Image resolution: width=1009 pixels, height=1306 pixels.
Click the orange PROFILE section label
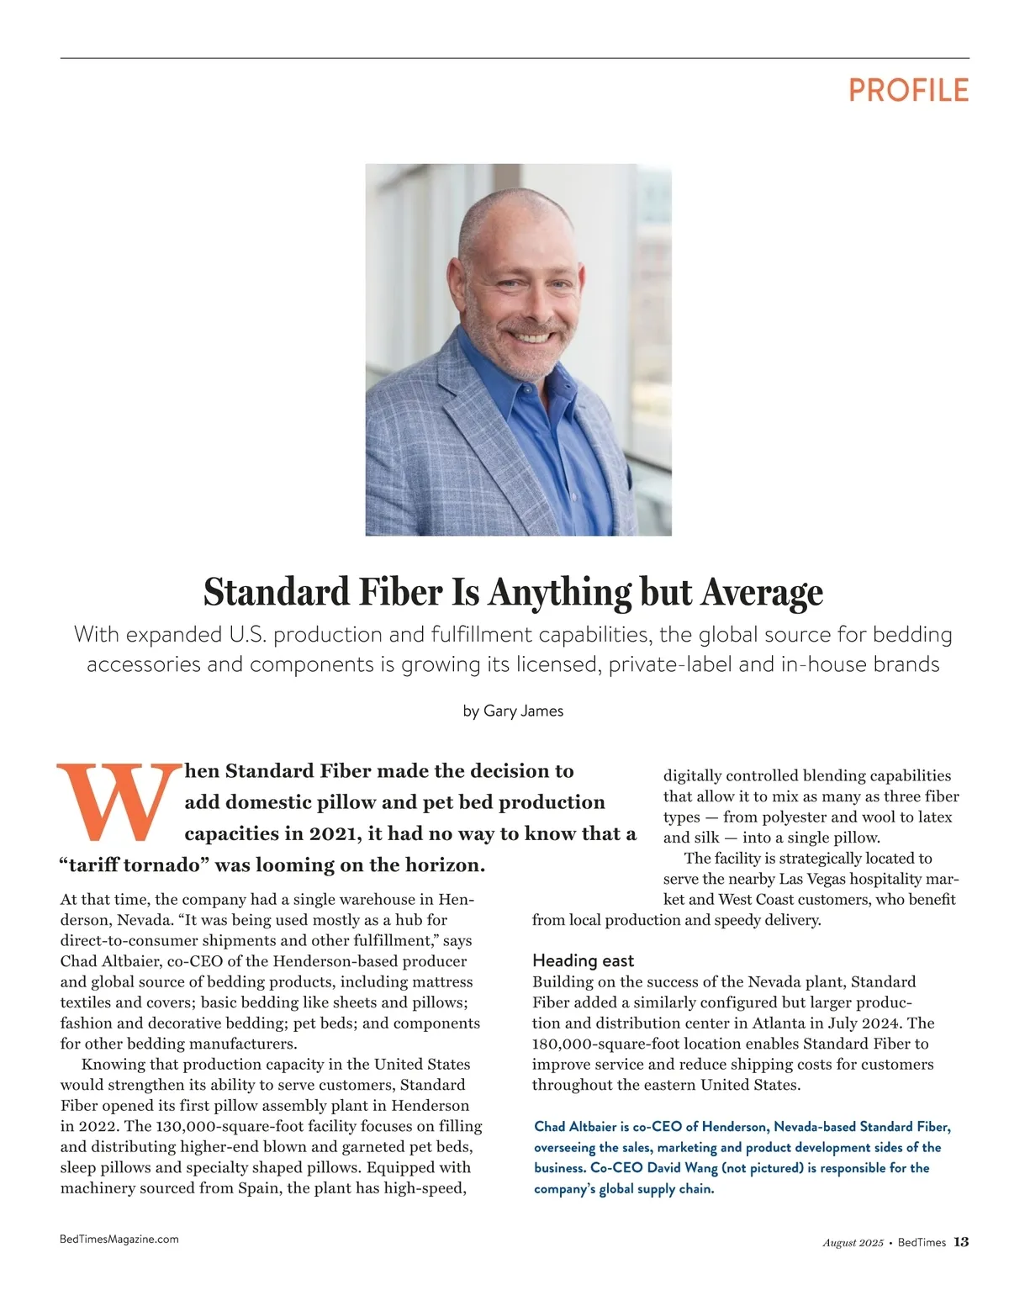click(x=908, y=90)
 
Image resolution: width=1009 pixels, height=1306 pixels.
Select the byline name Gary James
click(x=523, y=711)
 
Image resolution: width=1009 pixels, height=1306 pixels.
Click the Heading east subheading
click(x=583, y=960)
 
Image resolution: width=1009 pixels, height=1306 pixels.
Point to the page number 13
click(x=961, y=1242)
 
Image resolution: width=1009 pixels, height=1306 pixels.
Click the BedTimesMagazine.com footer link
click(x=119, y=1239)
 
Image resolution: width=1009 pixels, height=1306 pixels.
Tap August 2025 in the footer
click(x=853, y=1243)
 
